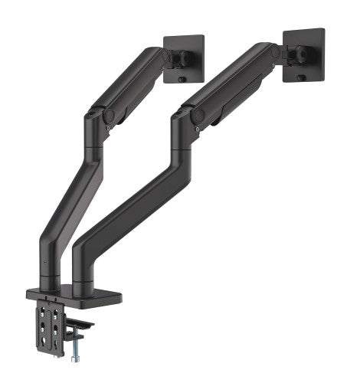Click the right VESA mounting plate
[x=303, y=54]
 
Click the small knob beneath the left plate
[x=182, y=79]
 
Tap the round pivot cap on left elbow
[x=109, y=116]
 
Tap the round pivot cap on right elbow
[x=198, y=115]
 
